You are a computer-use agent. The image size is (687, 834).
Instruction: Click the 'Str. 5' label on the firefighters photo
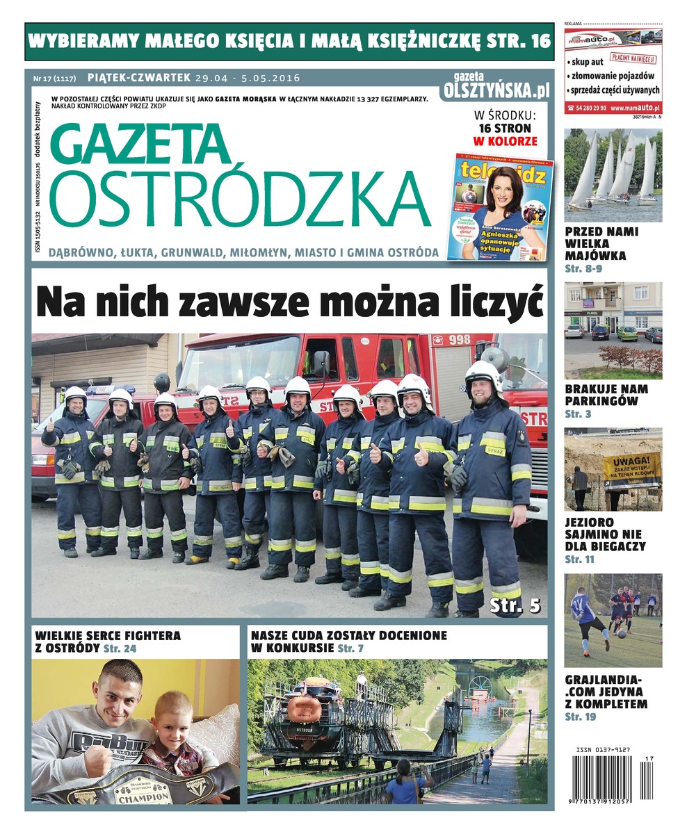click(515, 604)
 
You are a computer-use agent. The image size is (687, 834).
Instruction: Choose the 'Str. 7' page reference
click(350, 648)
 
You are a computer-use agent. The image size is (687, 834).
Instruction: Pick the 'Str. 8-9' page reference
click(583, 268)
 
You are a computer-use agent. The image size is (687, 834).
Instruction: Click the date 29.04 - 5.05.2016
click(247, 78)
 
